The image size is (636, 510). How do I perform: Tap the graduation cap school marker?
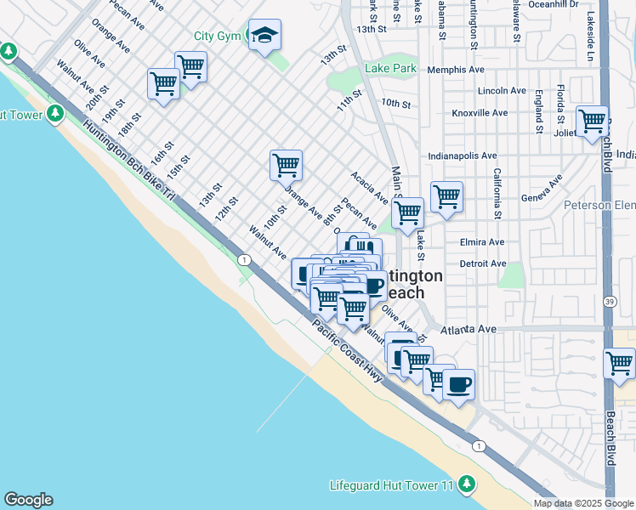pyautogui.click(x=264, y=36)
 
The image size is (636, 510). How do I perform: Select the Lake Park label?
pyautogui.click(x=390, y=68)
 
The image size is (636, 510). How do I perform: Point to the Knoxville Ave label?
pyautogui.click(x=480, y=112)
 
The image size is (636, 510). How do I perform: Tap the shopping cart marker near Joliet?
pyautogui.click(x=592, y=121)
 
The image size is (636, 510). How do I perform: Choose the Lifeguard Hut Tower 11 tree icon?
pyautogui.click(x=465, y=484)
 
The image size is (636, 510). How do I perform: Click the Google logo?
pyautogui.click(x=28, y=500)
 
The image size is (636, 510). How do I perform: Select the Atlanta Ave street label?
pyautogui.click(x=468, y=329)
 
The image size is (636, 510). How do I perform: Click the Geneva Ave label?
pyautogui.click(x=542, y=190)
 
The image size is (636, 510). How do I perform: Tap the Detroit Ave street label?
pyautogui.click(x=482, y=263)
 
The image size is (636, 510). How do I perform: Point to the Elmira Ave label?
pyautogui.click(x=482, y=241)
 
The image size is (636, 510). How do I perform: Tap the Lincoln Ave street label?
pyautogui.click(x=502, y=90)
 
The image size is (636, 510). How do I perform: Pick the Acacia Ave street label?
pyautogui.click(x=369, y=188)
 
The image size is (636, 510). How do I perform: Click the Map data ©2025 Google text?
pyautogui.click(x=583, y=503)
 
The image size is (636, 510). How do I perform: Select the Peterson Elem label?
pyautogui.click(x=599, y=205)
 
